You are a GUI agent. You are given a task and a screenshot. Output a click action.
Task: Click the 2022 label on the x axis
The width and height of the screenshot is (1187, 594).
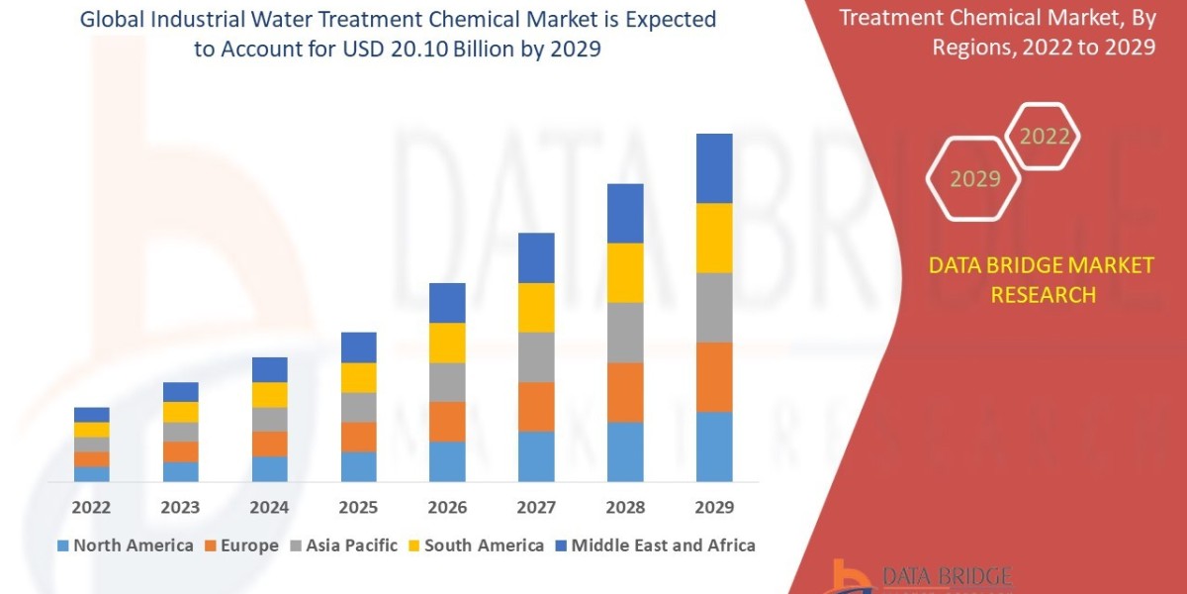coord(91,508)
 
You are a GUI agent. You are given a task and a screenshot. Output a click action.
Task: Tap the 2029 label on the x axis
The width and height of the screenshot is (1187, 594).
coord(714,508)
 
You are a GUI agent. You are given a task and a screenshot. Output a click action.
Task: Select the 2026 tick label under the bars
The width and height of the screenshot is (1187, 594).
coord(447,508)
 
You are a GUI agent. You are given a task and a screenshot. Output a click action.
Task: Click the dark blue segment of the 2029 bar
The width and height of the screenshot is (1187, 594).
coord(714,168)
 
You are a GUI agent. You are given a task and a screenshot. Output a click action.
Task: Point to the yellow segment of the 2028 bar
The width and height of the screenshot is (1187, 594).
coord(625,272)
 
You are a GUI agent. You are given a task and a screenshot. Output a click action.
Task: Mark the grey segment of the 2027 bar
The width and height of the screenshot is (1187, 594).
coord(536,356)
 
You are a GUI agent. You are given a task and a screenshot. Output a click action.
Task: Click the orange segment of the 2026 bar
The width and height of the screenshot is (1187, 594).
coord(447,421)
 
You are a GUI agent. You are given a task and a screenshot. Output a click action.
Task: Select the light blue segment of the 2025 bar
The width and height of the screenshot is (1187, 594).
coord(358,466)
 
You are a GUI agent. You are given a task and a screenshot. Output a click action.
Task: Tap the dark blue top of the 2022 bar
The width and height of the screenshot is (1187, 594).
coord(91,414)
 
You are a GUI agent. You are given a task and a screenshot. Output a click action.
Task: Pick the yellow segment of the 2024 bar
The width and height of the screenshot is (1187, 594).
coord(269,394)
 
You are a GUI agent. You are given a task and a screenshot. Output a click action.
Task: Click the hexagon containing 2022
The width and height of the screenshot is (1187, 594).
coord(1044,137)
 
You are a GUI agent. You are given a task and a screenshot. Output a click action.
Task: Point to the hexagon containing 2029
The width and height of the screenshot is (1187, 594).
coord(974,179)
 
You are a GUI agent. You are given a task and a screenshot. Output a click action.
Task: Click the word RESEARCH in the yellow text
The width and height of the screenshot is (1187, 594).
coord(1043,295)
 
